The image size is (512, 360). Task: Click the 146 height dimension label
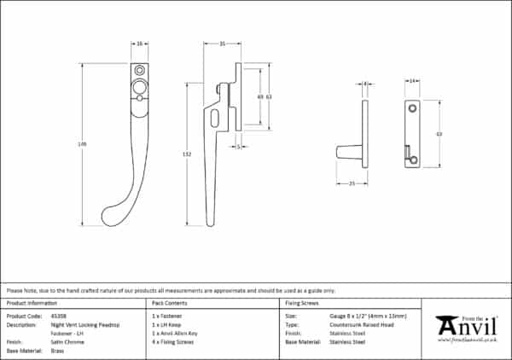click(83, 144)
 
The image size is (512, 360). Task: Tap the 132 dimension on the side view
click(187, 154)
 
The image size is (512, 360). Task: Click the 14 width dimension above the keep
click(412, 81)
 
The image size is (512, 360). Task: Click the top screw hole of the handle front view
click(139, 69)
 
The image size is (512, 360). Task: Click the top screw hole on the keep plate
click(411, 108)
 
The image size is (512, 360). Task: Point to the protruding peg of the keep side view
click(347, 153)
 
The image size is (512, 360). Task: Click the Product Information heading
click(32, 303)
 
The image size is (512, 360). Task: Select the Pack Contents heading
click(169, 303)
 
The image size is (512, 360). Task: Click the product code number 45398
click(58, 316)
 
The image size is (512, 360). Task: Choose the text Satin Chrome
click(64, 341)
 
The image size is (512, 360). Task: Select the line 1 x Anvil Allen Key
click(174, 333)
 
